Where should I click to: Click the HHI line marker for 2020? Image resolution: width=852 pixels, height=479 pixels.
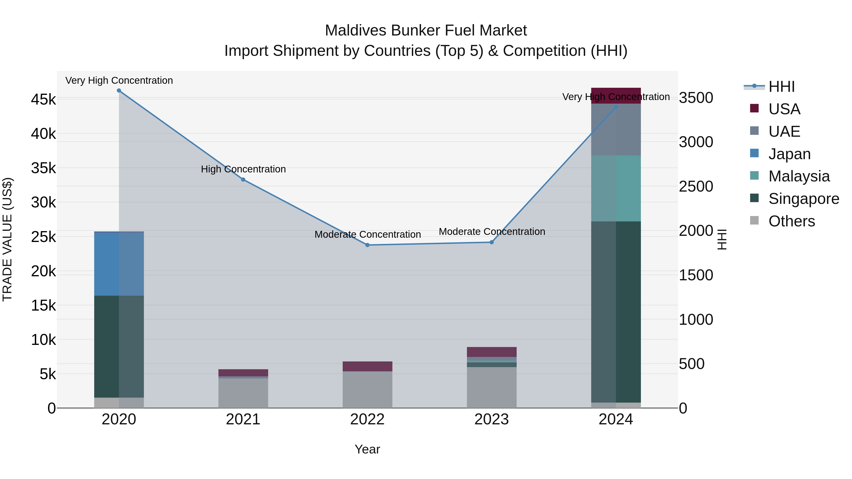(x=119, y=91)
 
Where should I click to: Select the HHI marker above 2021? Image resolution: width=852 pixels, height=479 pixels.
(x=243, y=180)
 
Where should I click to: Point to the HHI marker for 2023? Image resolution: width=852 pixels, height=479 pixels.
(x=492, y=242)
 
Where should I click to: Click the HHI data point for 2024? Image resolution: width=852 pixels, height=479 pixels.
(x=616, y=107)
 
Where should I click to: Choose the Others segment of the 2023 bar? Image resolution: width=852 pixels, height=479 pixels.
(x=492, y=387)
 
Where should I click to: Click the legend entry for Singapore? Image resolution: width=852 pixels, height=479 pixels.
(x=804, y=199)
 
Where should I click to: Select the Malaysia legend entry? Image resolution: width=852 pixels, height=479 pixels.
(x=799, y=176)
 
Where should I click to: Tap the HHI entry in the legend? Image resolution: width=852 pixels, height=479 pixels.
(x=781, y=87)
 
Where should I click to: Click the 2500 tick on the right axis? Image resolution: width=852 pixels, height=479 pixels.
(x=696, y=186)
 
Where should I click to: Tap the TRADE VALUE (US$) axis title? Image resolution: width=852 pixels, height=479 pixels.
(x=7, y=239)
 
